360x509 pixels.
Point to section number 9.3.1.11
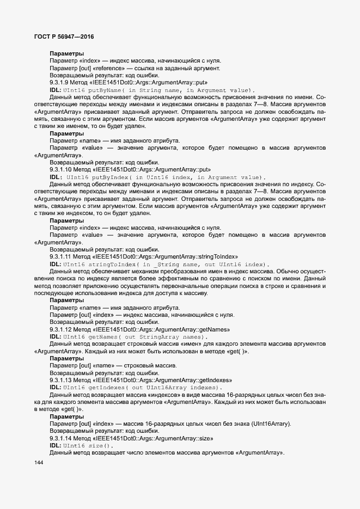pyautogui.click(x=62, y=256)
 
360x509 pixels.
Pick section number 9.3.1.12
pyautogui.click(x=62, y=329)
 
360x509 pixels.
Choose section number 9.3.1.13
pyautogui.click(x=62, y=380)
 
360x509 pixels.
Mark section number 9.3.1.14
pyautogui.click(x=62, y=438)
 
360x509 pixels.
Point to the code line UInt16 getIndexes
pyautogui.click(x=143, y=387)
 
